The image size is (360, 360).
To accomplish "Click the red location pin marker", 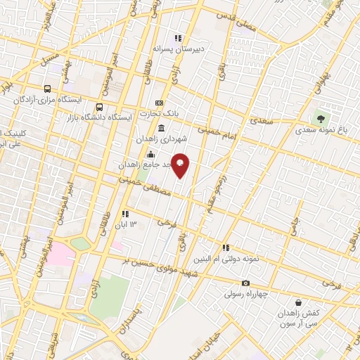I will (181, 165).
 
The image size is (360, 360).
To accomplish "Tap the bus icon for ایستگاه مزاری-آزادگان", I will (47, 89).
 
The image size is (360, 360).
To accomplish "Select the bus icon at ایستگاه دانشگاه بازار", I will (99, 108).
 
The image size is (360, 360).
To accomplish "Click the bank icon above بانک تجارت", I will (159, 103).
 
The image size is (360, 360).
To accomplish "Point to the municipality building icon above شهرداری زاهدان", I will (162, 128).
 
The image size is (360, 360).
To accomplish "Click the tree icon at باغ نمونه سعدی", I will (321, 118).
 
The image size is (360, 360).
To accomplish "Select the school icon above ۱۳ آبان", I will (125, 214).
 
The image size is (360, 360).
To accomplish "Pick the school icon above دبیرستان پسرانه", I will (179, 39).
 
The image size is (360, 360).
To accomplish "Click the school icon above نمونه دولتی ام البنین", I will (226, 247).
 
